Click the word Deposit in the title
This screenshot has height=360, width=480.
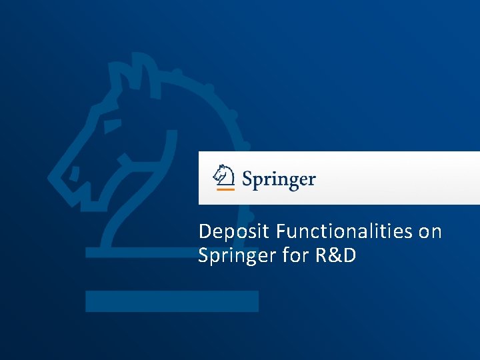point(234,233)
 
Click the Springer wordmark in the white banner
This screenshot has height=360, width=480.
point(279,179)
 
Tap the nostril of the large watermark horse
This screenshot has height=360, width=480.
point(75,175)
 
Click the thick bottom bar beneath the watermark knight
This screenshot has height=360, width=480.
point(171,301)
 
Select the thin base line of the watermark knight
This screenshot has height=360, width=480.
point(140,253)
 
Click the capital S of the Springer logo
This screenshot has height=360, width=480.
point(248,179)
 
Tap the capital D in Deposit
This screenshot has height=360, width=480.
point(205,231)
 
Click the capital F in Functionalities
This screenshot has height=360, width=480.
point(281,231)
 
